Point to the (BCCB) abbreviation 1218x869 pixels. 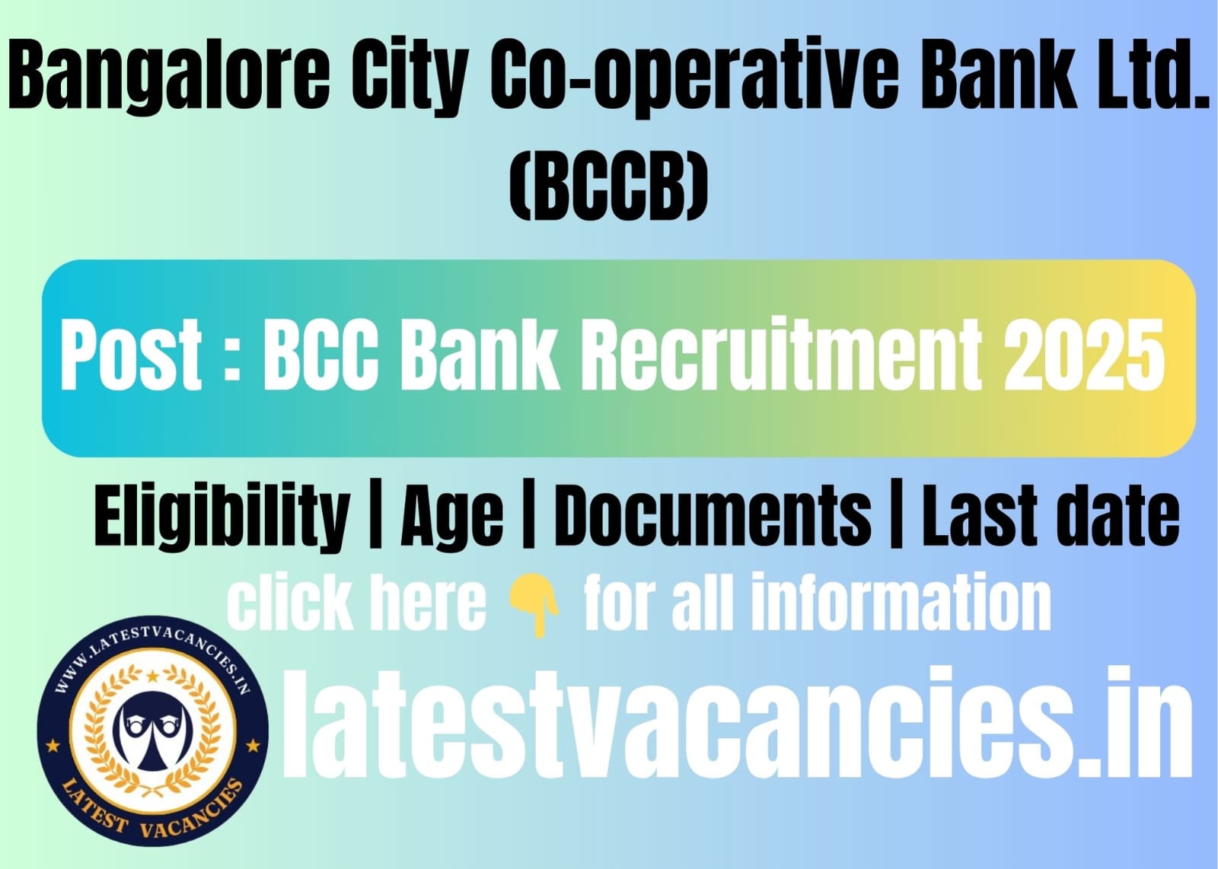608,186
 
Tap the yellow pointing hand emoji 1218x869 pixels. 533,606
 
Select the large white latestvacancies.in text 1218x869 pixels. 738,724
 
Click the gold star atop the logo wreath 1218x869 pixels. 153,676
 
